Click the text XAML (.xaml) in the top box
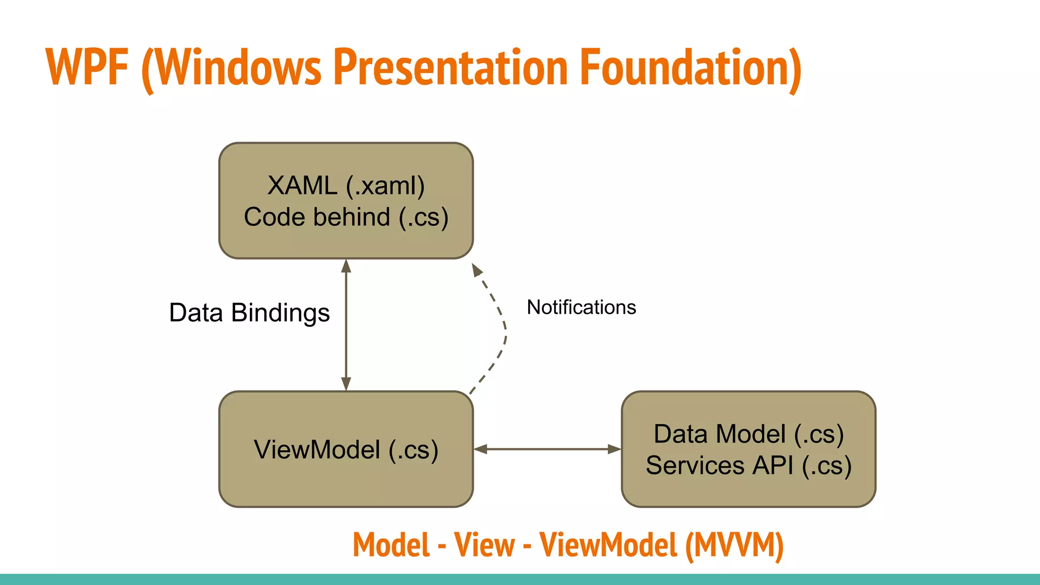pyautogui.click(x=346, y=185)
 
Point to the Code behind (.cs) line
pyautogui.click(x=346, y=217)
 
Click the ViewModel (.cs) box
pyautogui.click(x=346, y=449)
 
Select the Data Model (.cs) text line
pyautogui.click(x=749, y=434)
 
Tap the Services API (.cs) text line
pyautogui.click(x=749, y=466)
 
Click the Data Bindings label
pyautogui.click(x=249, y=313)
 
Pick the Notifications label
pyautogui.click(x=581, y=307)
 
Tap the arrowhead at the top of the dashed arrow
pyautogui.click(x=476, y=270)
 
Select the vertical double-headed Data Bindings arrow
pyautogui.click(x=346, y=325)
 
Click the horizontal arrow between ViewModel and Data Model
pyautogui.click(x=547, y=449)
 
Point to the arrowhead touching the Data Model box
pyautogui.click(x=614, y=449)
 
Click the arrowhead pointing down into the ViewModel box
pyautogui.click(x=346, y=384)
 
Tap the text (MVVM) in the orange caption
pyautogui.click(x=734, y=545)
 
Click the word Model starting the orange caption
pyautogui.click(x=391, y=545)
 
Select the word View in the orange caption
pyautogui.click(x=484, y=545)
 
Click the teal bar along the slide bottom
pyautogui.click(x=520, y=579)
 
